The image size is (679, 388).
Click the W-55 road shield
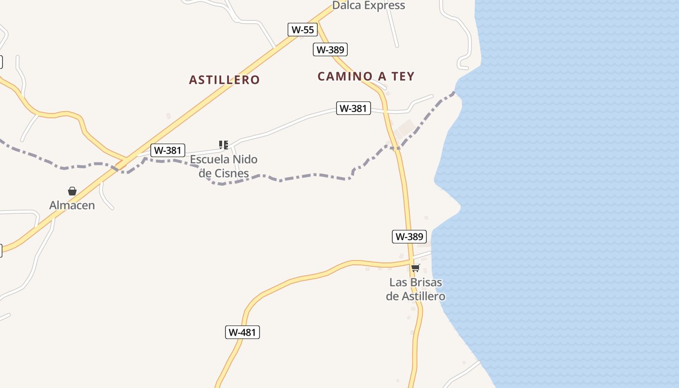point(303,30)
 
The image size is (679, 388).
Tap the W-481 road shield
point(242,332)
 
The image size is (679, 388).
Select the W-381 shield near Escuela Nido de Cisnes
point(167,150)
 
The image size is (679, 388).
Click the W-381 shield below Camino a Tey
point(353,108)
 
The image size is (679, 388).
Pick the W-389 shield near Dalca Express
point(330,49)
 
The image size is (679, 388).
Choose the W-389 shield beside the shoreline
point(409,237)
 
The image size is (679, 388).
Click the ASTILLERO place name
point(224,80)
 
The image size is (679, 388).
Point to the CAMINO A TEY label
point(366,76)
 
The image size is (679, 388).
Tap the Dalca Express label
point(369,5)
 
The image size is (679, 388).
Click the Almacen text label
point(72,205)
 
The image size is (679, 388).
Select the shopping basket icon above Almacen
point(72,191)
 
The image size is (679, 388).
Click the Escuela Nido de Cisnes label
point(224,166)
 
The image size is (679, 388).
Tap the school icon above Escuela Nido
point(224,145)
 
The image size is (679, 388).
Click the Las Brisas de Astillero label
point(416,289)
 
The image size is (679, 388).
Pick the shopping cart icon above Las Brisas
point(415,268)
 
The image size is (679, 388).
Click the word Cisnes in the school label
point(231,173)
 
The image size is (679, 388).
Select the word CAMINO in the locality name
point(345,76)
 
